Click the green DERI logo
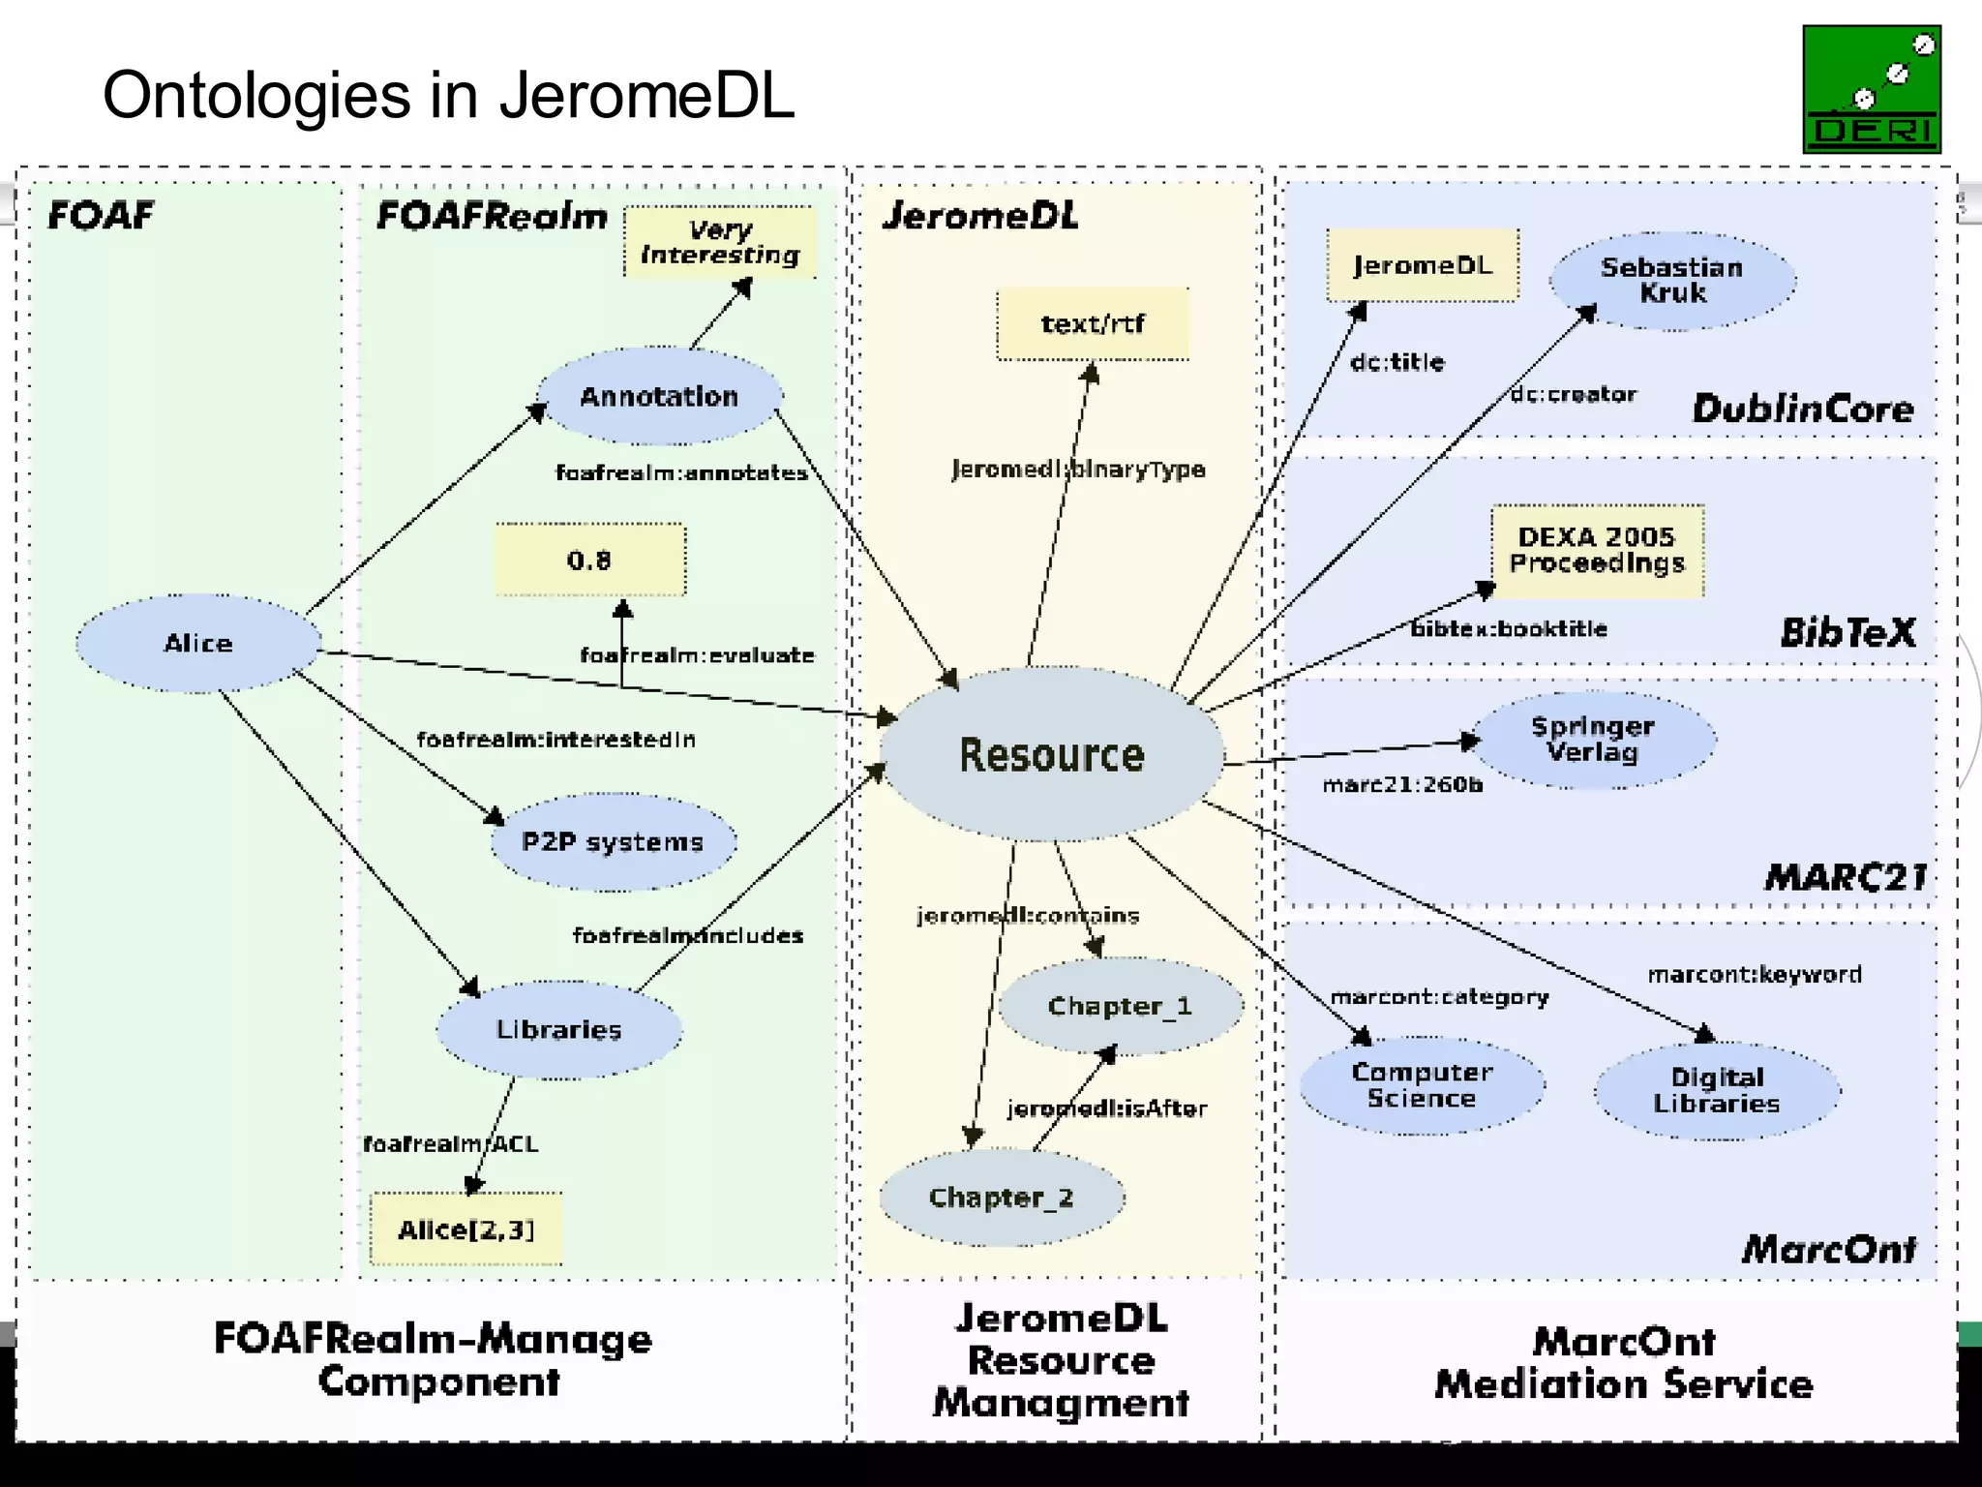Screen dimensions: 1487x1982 point(1871,89)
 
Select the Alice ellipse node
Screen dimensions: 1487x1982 point(198,644)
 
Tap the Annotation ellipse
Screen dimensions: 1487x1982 point(659,396)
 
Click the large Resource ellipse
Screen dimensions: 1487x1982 point(1052,754)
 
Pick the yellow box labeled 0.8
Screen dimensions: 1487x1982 point(589,561)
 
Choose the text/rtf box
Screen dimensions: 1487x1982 point(1093,324)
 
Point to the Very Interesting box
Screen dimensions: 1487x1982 point(720,242)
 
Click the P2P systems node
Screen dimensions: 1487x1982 point(613,841)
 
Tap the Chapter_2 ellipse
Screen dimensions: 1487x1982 point(1002,1198)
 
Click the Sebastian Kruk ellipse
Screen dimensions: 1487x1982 point(1672,281)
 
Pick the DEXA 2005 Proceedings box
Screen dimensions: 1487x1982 point(1597,550)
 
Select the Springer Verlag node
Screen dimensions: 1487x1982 point(1593,740)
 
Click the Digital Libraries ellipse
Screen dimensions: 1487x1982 point(1717,1091)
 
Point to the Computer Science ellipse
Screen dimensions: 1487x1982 point(1422,1085)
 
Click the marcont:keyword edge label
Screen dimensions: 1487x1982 point(1755,974)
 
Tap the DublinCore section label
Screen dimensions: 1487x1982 point(1802,409)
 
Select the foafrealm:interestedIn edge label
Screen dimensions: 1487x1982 point(556,740)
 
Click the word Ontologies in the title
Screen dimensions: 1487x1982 point(256,96)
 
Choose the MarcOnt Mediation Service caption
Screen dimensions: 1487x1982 point(1623,1363)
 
